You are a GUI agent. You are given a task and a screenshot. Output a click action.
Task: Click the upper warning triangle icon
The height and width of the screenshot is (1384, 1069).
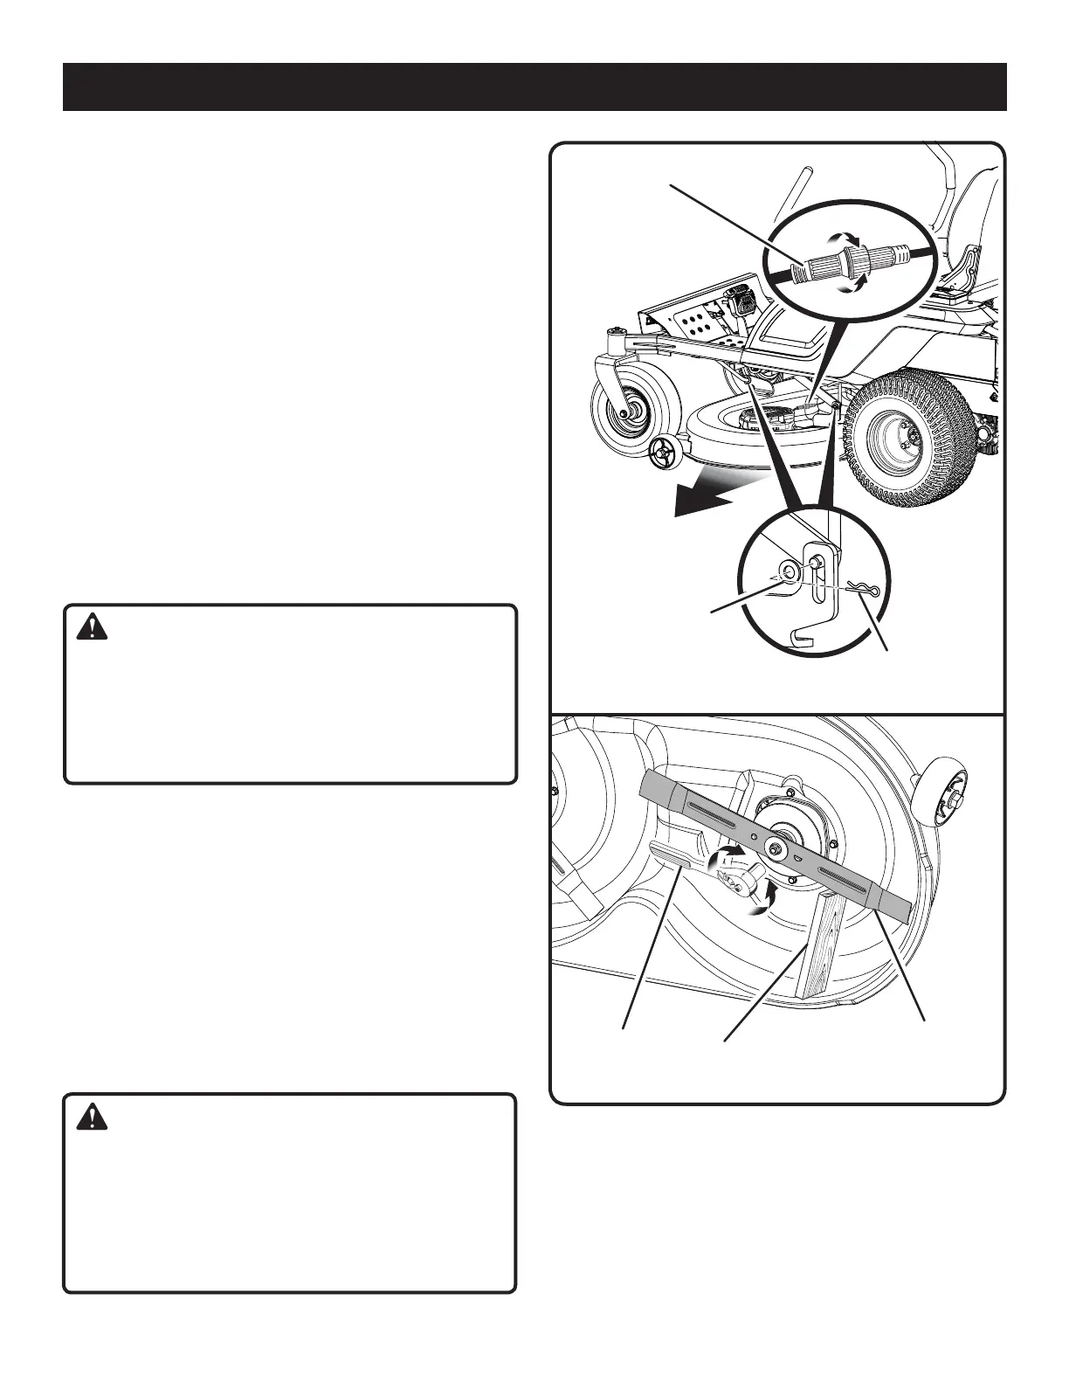tap(90, 627)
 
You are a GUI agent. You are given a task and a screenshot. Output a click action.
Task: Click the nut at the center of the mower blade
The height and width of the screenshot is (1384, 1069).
tap(775, 846)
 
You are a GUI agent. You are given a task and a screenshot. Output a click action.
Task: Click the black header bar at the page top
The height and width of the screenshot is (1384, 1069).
tap(534, 86)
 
